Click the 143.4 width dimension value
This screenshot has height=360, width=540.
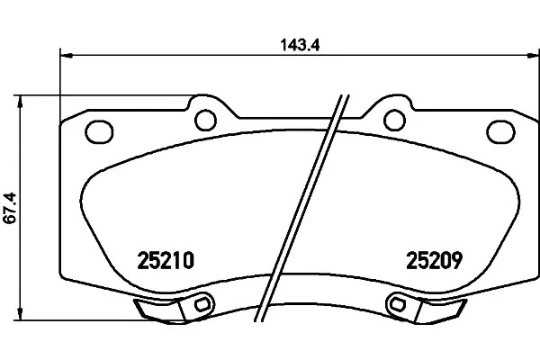pos(300,45)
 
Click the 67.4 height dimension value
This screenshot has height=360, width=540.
pos(10,208)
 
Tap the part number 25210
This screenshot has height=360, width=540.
pos(166,260)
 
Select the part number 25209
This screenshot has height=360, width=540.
pos(434,260)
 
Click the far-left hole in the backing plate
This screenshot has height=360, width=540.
pos(99,132)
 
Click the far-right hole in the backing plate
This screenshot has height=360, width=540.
pos(500,132)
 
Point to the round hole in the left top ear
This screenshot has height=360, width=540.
pos(205,120)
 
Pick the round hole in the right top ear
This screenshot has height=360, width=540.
pos(394,120)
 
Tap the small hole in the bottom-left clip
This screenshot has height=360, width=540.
pos(202,304)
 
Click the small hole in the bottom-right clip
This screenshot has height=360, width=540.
pos(398,304)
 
